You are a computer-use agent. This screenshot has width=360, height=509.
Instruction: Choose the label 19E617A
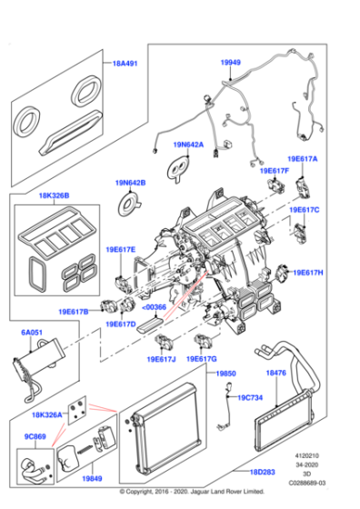tap(303, 158)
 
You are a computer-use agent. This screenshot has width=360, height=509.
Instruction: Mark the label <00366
tap(154, 307)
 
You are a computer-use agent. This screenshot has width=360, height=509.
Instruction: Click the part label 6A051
tap(32, 334)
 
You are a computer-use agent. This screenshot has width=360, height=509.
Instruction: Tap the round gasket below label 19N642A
tap(180, 165)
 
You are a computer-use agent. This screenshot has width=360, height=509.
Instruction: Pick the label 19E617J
tap(161, 360)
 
